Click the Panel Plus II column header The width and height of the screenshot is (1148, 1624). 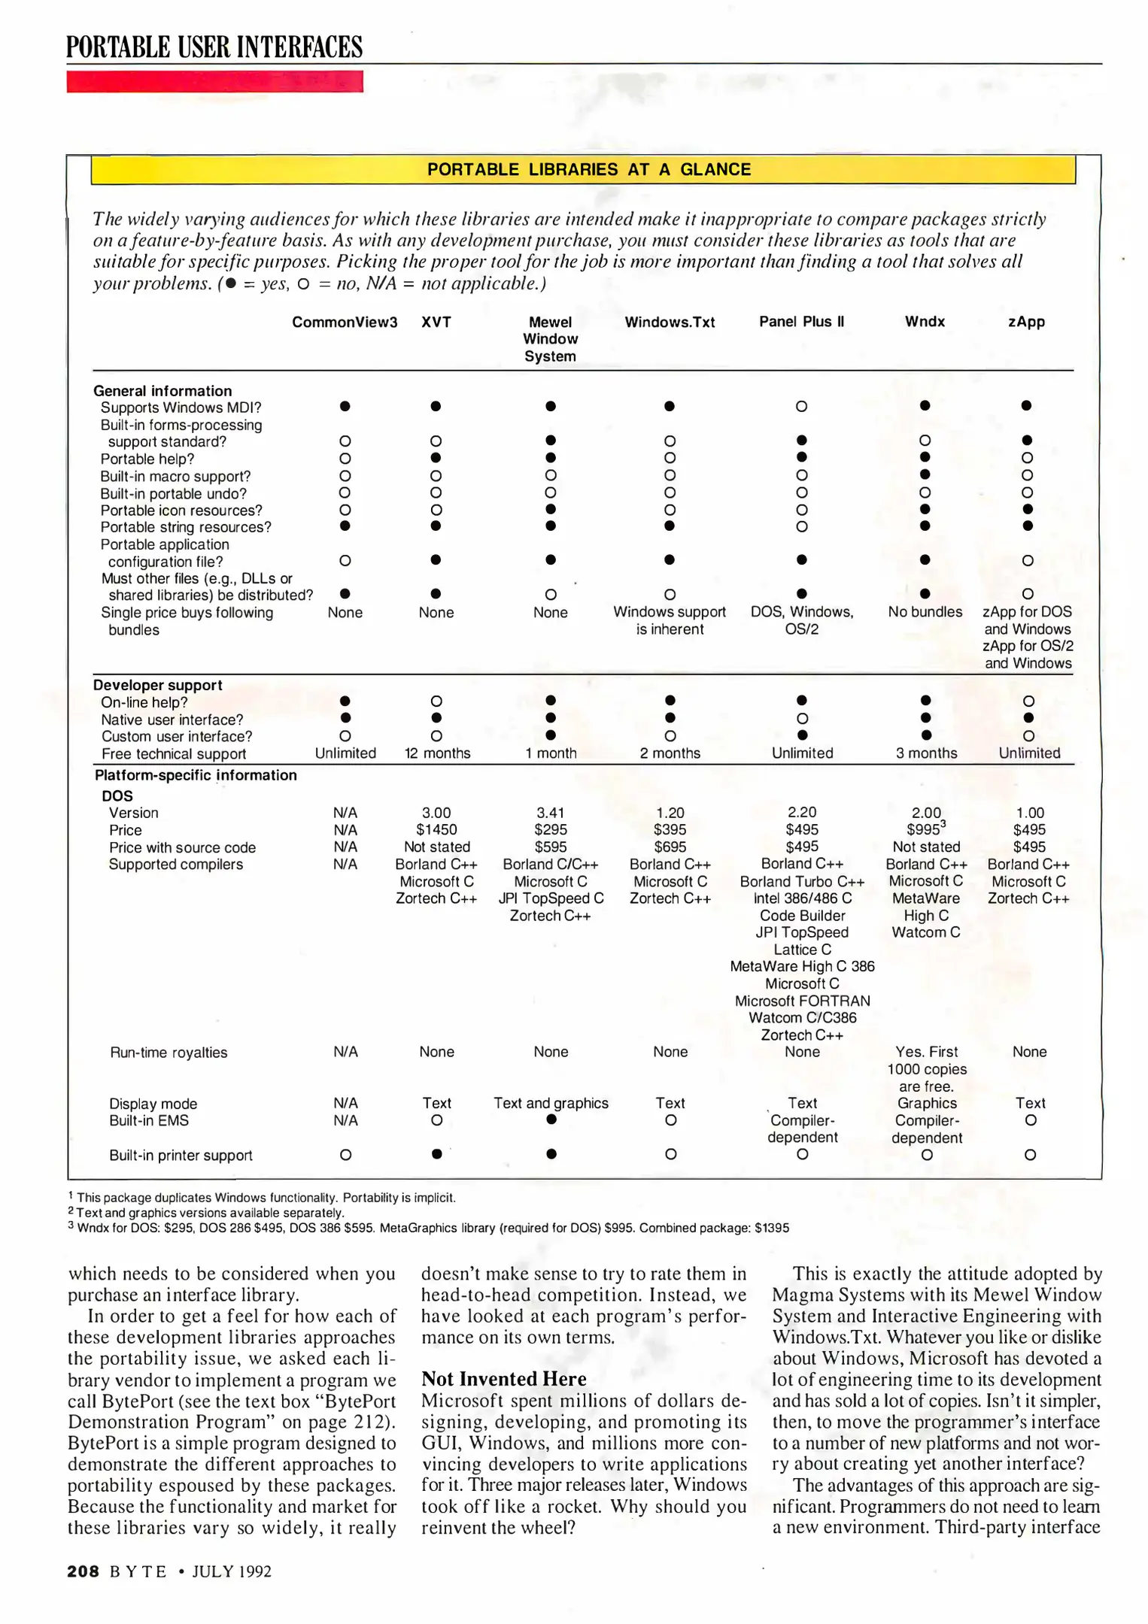(801, 322)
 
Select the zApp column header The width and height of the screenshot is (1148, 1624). (1026, 322)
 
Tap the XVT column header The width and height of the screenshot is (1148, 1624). (436, 322)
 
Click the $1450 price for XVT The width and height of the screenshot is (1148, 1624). (436, 830)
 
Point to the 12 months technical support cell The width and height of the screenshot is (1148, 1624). (437, 753)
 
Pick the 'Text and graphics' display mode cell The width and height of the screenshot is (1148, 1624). (551, 1103)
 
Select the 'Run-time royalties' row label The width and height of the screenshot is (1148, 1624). (169, 1053)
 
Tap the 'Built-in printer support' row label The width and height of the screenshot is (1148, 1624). (181, 1156)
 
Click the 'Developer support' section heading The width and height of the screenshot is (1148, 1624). (158, 685)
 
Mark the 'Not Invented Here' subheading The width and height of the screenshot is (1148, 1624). (503, 1379)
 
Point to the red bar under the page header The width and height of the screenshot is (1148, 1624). (214, 81)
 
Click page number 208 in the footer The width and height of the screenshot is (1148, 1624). (83, 1571)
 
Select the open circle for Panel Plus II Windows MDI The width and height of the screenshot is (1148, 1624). (801, 407)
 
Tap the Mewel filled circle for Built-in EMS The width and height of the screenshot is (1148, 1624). (551, 1120)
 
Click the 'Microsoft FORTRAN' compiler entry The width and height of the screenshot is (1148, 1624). (802, 1001)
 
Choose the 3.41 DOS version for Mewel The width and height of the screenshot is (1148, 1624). (551, 813)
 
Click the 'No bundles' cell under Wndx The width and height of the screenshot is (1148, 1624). (925, 612)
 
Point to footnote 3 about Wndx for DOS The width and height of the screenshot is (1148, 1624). (429, 1228)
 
